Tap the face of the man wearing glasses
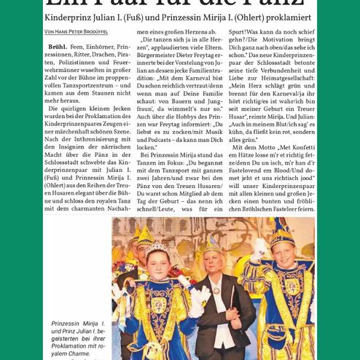click(130, 257)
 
